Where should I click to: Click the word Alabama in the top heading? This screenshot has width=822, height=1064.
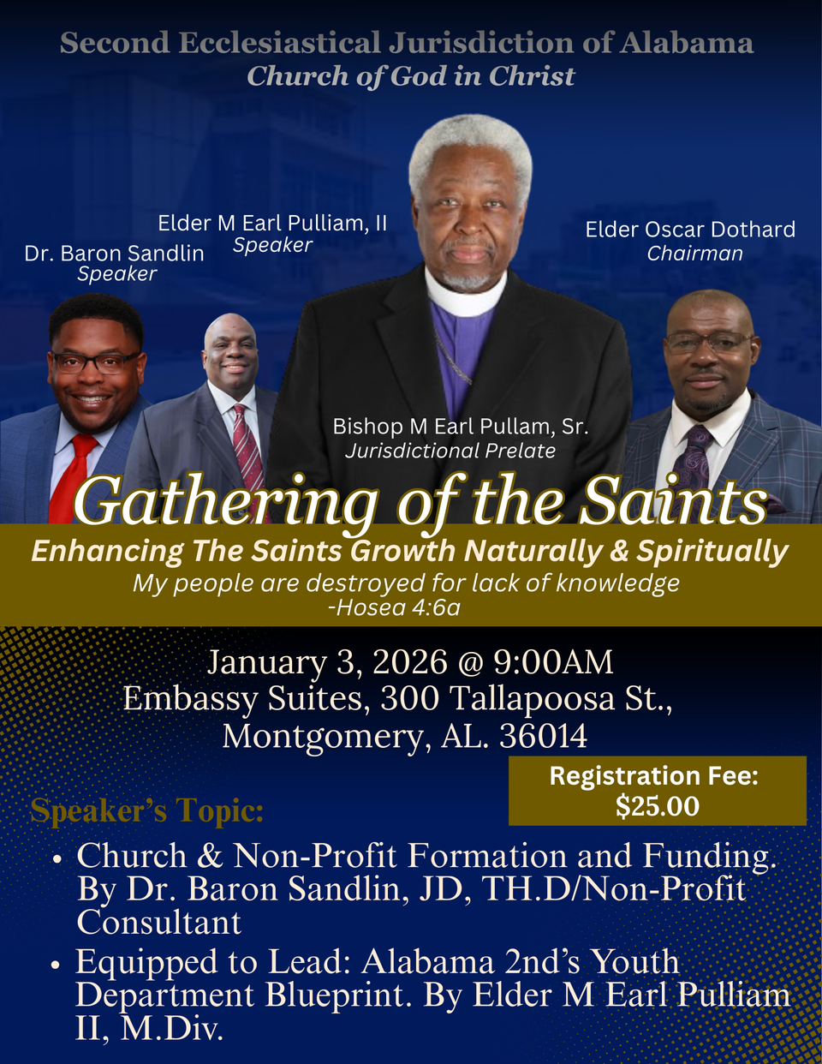point(687,43)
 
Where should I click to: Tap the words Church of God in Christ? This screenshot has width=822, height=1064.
point(411,76)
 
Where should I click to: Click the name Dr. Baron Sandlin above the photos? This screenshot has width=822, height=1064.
point(114,253)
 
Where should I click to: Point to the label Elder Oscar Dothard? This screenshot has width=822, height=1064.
point(690,229)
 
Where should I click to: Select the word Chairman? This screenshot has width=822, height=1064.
point(694,253)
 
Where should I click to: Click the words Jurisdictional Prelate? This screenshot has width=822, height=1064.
point(450,451)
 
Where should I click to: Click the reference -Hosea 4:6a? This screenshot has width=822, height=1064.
point(395,607)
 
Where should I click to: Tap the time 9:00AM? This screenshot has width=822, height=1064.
point(553,662)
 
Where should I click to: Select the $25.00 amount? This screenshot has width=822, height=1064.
point(658,806)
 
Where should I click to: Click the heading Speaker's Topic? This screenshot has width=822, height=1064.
point(146,811)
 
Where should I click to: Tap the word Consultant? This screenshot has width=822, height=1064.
point(159,923)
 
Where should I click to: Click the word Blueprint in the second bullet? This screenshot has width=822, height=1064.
point(337,995)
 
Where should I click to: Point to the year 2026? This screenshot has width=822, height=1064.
point(409,662)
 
